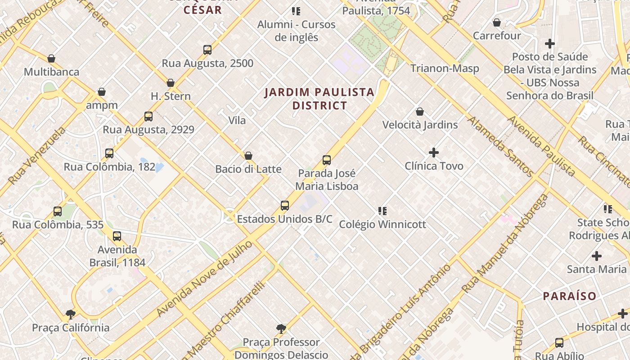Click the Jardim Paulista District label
click(x=319, y=99)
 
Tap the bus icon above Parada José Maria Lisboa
click(x=327, y=160)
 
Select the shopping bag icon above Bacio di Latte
click(x=248, y=156)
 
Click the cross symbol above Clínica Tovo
click(x=434, y=153)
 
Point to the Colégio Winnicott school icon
click(x=382, y=211)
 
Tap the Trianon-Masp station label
click(x=445, y=68)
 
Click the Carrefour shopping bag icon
click(x=497, y=22)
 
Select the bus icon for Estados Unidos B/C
click(x=285, y=206)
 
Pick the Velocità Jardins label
click(x=420, y=125)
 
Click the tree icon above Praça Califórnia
click(x=70, y=314)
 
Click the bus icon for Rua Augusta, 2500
click(x=207, y=49)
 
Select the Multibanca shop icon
click(x=51, y=58)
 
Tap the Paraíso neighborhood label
click(x=569, y=296)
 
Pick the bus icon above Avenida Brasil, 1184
click(x=117, y=236)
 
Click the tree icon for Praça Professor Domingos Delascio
click(x=282, y=328)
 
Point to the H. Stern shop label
click(x=171, y=96)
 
